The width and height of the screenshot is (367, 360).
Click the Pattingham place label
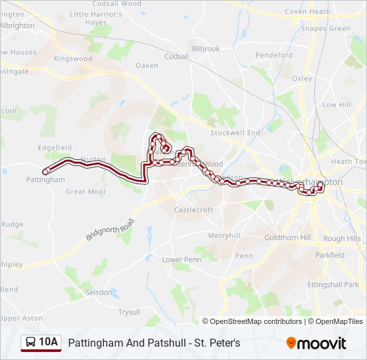pyautogui.click(x=46, y=180)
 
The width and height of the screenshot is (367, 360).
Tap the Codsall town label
pyautogui.click(x=176, y=57)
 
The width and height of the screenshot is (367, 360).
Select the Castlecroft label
pyautogui.click(x=194, y=209)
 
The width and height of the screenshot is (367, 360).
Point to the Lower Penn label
pyautogui.click(x=181, y=259)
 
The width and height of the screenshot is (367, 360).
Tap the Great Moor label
pyautogui.click(x=85, y=191)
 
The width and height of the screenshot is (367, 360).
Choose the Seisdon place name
pyautogui.click(x=99, y=291)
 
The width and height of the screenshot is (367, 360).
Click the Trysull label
pyautogui.click(x=129, y=311)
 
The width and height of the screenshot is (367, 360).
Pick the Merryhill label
pyautogui.click(x=224, y=235)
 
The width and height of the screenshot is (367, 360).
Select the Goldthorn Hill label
pyautogui.click(x=288, y=237)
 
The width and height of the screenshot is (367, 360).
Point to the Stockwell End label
pyautogui.click(x=235, y=133)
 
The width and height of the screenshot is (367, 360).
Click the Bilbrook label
pyautogui.click(x=206, y=49)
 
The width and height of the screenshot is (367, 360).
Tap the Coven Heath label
pyautogui.click(x=307, y=11)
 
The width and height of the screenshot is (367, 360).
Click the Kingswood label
pyautogui.click(x=73, y=59)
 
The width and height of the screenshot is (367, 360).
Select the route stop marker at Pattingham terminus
pyautogui.click(x=45, y=171)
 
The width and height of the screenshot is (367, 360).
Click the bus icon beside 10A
pyautogui.click(x=31, y=343)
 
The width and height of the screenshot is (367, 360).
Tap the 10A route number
pyautogui.click(x=49, y=343)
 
